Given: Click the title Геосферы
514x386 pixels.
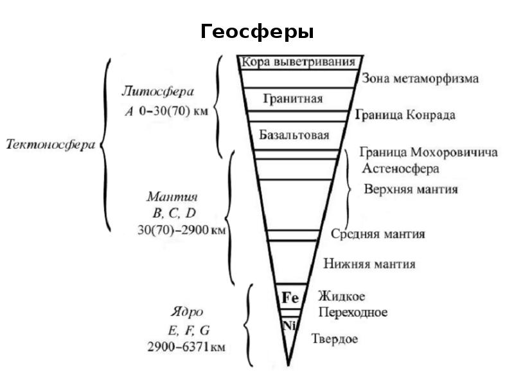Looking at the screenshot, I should pos(257,32).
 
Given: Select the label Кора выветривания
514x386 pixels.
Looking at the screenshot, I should pos(298,62).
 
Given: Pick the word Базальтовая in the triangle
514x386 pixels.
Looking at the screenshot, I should pos(294,136).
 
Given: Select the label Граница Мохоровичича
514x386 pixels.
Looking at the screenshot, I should pos(429,154).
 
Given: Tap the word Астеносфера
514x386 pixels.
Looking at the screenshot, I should pos(400,169).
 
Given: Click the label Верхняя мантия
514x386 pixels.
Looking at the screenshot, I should pos(411,189).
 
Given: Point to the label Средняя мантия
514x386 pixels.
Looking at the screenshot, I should pos(378,234).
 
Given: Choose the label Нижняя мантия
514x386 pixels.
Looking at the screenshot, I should pos(369,264).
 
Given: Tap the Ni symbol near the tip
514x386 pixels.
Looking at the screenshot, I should pos(288,325).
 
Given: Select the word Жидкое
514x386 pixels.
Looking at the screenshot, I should pos(342,297).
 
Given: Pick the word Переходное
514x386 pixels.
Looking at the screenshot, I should pos(353,313).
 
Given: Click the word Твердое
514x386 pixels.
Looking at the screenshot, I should pos(335,339).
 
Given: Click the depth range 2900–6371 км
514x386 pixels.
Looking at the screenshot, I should pos(186,347).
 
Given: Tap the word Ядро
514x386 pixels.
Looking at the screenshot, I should pos(187,312).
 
